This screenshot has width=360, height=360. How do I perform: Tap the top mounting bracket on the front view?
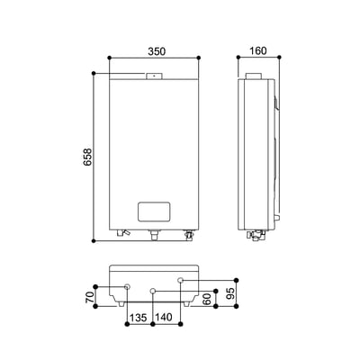pos(154,77)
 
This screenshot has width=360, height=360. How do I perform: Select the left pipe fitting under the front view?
pos(121,235)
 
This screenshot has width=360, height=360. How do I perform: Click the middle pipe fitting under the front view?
pos(154,236)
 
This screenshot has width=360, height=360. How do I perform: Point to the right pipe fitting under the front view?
pos(189,236)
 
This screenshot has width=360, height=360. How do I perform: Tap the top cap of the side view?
pos(256,78)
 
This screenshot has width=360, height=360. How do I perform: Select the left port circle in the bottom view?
pos(127,287)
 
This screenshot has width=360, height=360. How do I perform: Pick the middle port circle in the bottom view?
pos(154,292)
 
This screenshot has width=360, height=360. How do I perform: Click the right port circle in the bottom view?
pos(181,281)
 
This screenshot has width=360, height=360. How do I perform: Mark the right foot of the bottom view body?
pos(186,302)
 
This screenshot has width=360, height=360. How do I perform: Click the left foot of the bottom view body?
pos(121,302)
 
